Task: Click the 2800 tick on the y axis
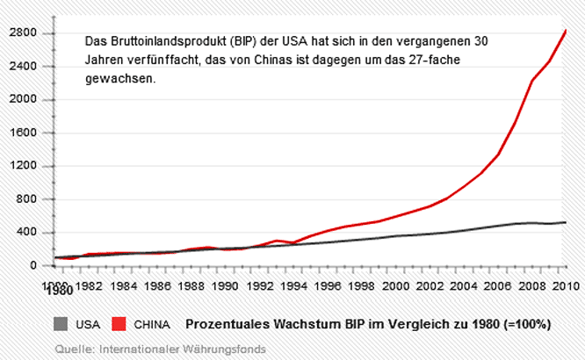tap(24, 32)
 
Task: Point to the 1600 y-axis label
tap(24, 133)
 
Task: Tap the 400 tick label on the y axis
tap(27, 233)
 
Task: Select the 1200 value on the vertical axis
tap(24, 166)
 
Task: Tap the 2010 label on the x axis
tap(566, 285)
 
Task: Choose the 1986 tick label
tap(158, 285)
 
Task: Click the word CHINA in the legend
tap(152, 323)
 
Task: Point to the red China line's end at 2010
tap(566, 31)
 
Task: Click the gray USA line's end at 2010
tap(566, 222)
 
